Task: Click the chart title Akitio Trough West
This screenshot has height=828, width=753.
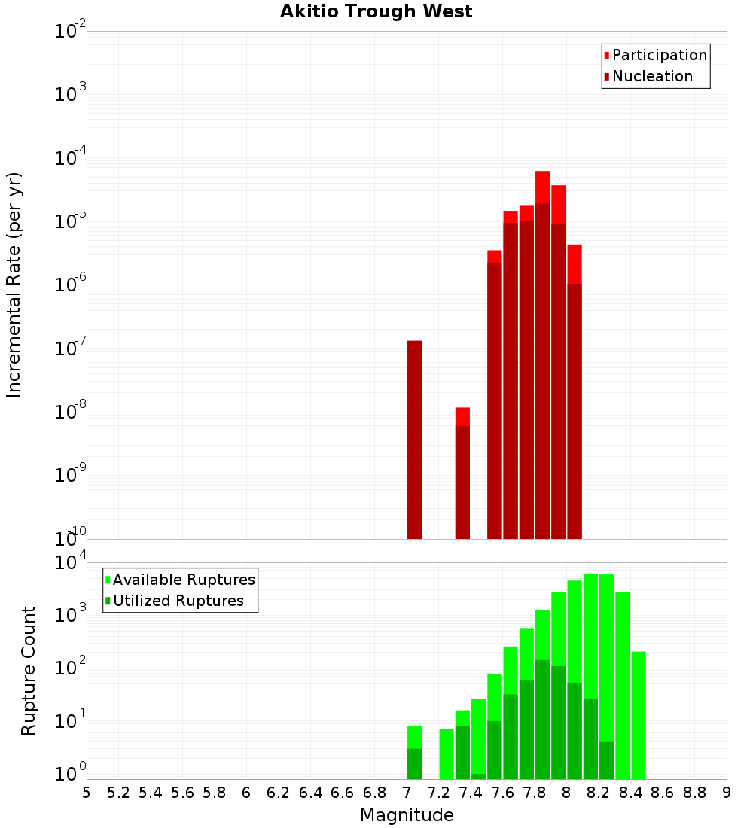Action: [376, 11]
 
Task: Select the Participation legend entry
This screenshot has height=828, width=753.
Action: [655, 55]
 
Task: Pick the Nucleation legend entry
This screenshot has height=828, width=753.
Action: [648, 76]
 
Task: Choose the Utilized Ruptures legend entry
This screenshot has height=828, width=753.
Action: [173, 601]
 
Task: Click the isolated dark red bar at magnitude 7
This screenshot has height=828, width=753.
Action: [414, 440]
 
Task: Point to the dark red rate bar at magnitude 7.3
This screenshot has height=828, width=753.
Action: [462, 482]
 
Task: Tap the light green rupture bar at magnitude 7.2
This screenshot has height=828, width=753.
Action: [447, 753]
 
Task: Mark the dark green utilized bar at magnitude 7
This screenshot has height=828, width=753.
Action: [414, 763]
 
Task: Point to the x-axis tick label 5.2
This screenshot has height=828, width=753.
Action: [119, 793]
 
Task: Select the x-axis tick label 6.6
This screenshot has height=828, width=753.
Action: [343, 793]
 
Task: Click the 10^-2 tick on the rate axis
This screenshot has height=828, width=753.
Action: [71, 32]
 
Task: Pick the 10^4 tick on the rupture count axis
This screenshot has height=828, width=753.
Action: [71, 564]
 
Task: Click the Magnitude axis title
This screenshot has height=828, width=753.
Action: [407, 815]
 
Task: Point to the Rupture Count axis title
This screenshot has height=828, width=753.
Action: [29, 671]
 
